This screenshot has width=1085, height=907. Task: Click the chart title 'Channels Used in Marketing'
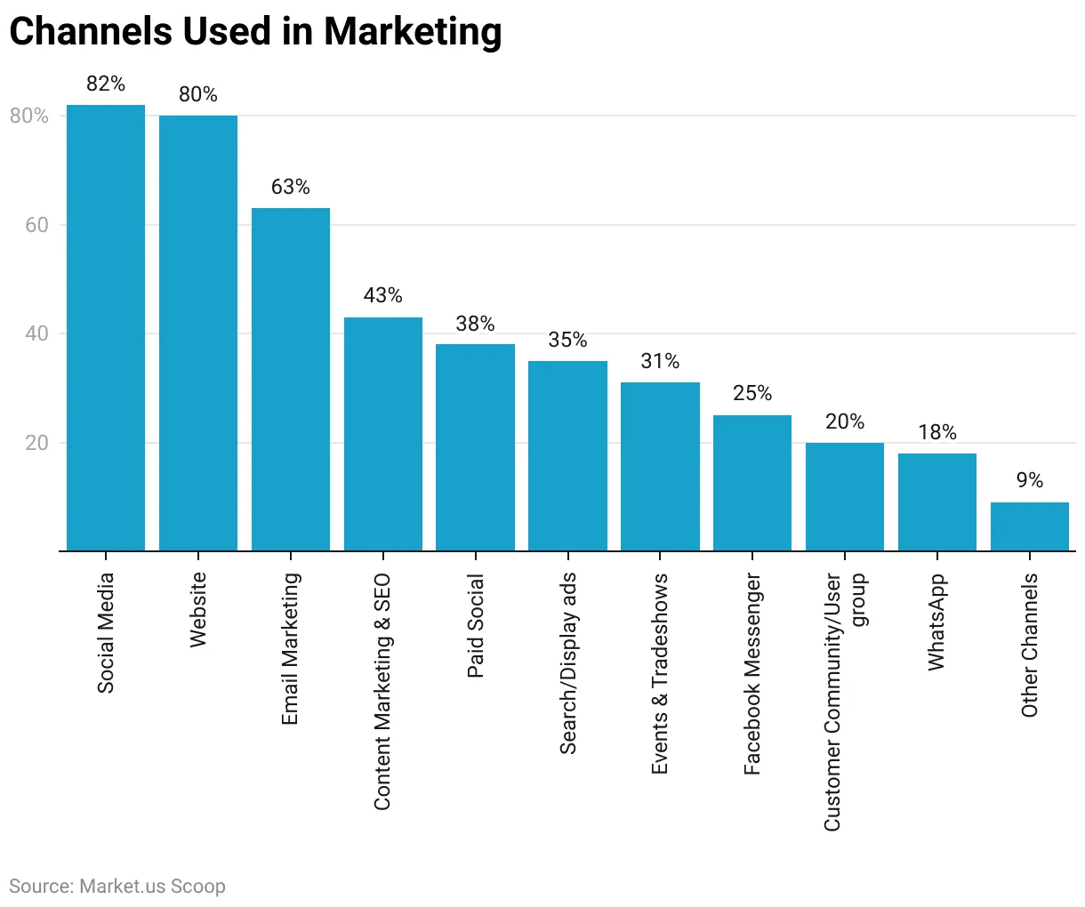pos(255,32)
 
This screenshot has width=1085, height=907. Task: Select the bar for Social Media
pos(106,328)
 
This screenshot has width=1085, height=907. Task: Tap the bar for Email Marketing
pos(291,380)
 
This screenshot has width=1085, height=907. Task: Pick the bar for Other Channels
pos(1029,526)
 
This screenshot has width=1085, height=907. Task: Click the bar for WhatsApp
pos(936,502)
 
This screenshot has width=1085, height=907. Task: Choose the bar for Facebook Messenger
pos(752,483)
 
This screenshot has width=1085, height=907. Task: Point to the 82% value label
pos(106,84)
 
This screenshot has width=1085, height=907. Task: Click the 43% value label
pos(383,295)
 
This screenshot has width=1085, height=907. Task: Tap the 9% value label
pos(1029,480)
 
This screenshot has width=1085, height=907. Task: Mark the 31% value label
pos(660,361)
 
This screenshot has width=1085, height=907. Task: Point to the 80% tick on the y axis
pos(29,116)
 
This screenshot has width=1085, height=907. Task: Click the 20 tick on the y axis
pos(36,443)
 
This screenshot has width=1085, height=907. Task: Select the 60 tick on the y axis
pos(36,225)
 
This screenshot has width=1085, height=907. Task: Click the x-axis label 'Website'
pos(198,609)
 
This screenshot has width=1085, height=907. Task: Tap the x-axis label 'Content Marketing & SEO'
pos(382,692)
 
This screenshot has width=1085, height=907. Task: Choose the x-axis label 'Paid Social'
pos(476,626)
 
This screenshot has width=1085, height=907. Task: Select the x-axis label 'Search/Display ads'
pos(568,663)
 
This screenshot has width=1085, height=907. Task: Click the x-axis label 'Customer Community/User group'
pos(845,702)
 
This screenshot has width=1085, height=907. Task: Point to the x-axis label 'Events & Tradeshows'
pos(660,674)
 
